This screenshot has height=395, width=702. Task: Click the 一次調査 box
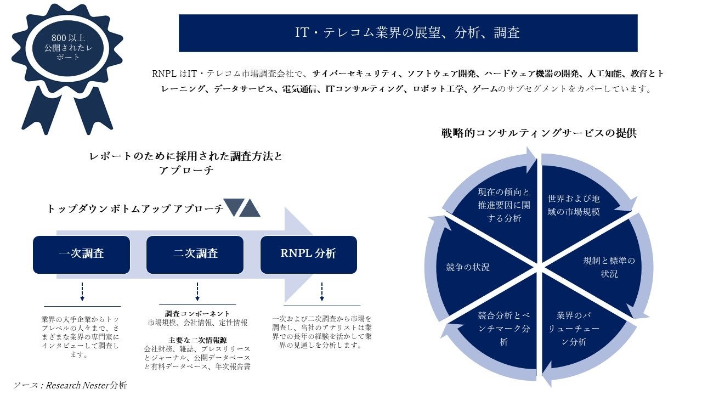81,255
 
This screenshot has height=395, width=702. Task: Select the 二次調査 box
195,255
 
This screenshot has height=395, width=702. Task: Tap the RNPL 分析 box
308,255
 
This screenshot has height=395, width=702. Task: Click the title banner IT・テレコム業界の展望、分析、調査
407,33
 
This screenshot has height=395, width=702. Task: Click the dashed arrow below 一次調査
82,292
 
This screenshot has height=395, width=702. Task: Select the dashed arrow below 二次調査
197,292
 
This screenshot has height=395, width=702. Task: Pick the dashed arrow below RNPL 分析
321,292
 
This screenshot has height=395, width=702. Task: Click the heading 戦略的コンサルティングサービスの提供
539,133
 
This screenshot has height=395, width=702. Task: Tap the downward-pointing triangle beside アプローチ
233,207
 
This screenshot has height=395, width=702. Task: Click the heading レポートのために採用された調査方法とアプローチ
186,163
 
